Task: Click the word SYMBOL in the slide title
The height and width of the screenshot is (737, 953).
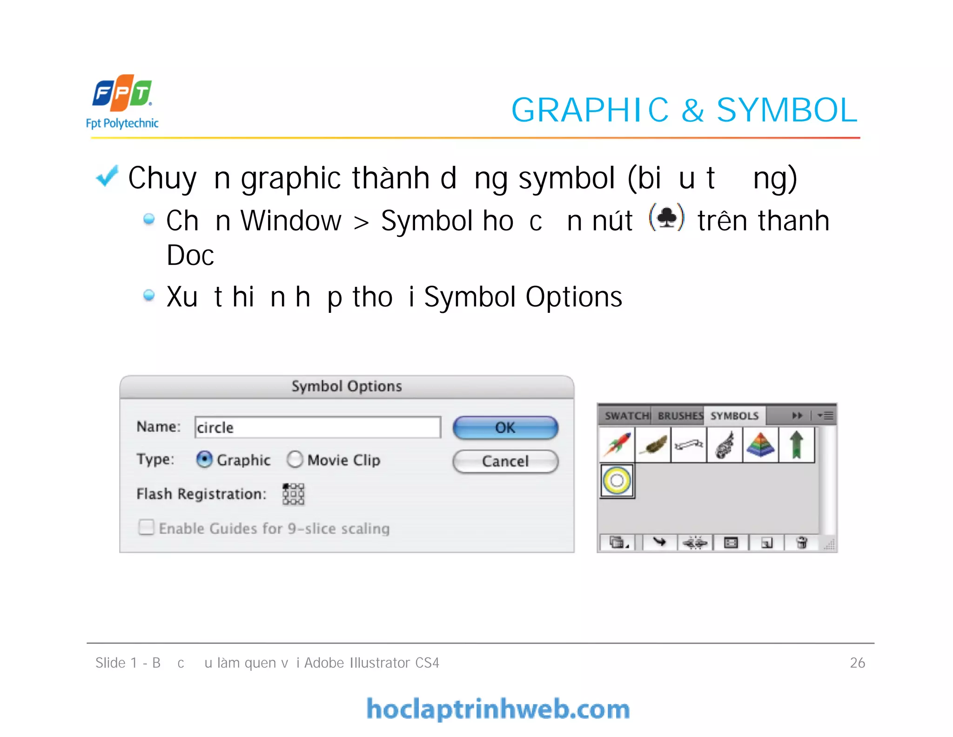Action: pyautogui.click(x=786, y=110)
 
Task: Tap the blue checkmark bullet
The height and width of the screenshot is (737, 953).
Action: pyautogui.click(x=107, y=177)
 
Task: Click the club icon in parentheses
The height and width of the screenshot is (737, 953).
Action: pyautogui.click(x=667, y=217)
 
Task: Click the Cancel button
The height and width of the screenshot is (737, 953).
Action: pyautogui.click(x=505, y=461)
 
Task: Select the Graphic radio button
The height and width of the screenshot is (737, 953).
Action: pyautogui.click(x=204, y=460)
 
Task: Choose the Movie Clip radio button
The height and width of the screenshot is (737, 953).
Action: pyautogui.click(x=295, y=460)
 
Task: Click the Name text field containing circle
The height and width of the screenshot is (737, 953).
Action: pyautogui.click(x=317, y=427)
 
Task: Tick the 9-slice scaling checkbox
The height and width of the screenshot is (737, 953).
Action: pyautogui.click(x=146, y=527)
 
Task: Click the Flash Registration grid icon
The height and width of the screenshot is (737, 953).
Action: pyautogui.click(x=293, y=494)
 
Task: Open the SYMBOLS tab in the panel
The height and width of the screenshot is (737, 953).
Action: pyautogui.click(x=734, y=416)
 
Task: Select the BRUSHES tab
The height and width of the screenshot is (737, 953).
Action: pyautogui.click(x=680, y=416)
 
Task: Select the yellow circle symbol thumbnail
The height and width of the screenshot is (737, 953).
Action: pyautogui.click(x=617, y=480)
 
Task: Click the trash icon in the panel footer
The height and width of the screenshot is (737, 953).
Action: pyautogui.click(x=801, y=542)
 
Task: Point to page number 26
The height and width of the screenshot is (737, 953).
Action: pyautogui.click(x=857, y=663)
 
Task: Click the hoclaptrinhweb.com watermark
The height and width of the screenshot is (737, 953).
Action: pyautogui.click(x=498, y=709)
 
